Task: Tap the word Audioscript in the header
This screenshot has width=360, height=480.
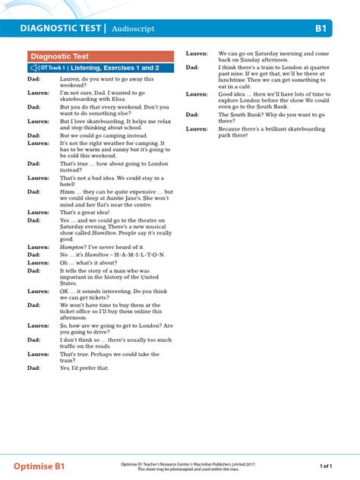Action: (133, 29)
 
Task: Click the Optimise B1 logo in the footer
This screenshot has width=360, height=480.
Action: (42, 464)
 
